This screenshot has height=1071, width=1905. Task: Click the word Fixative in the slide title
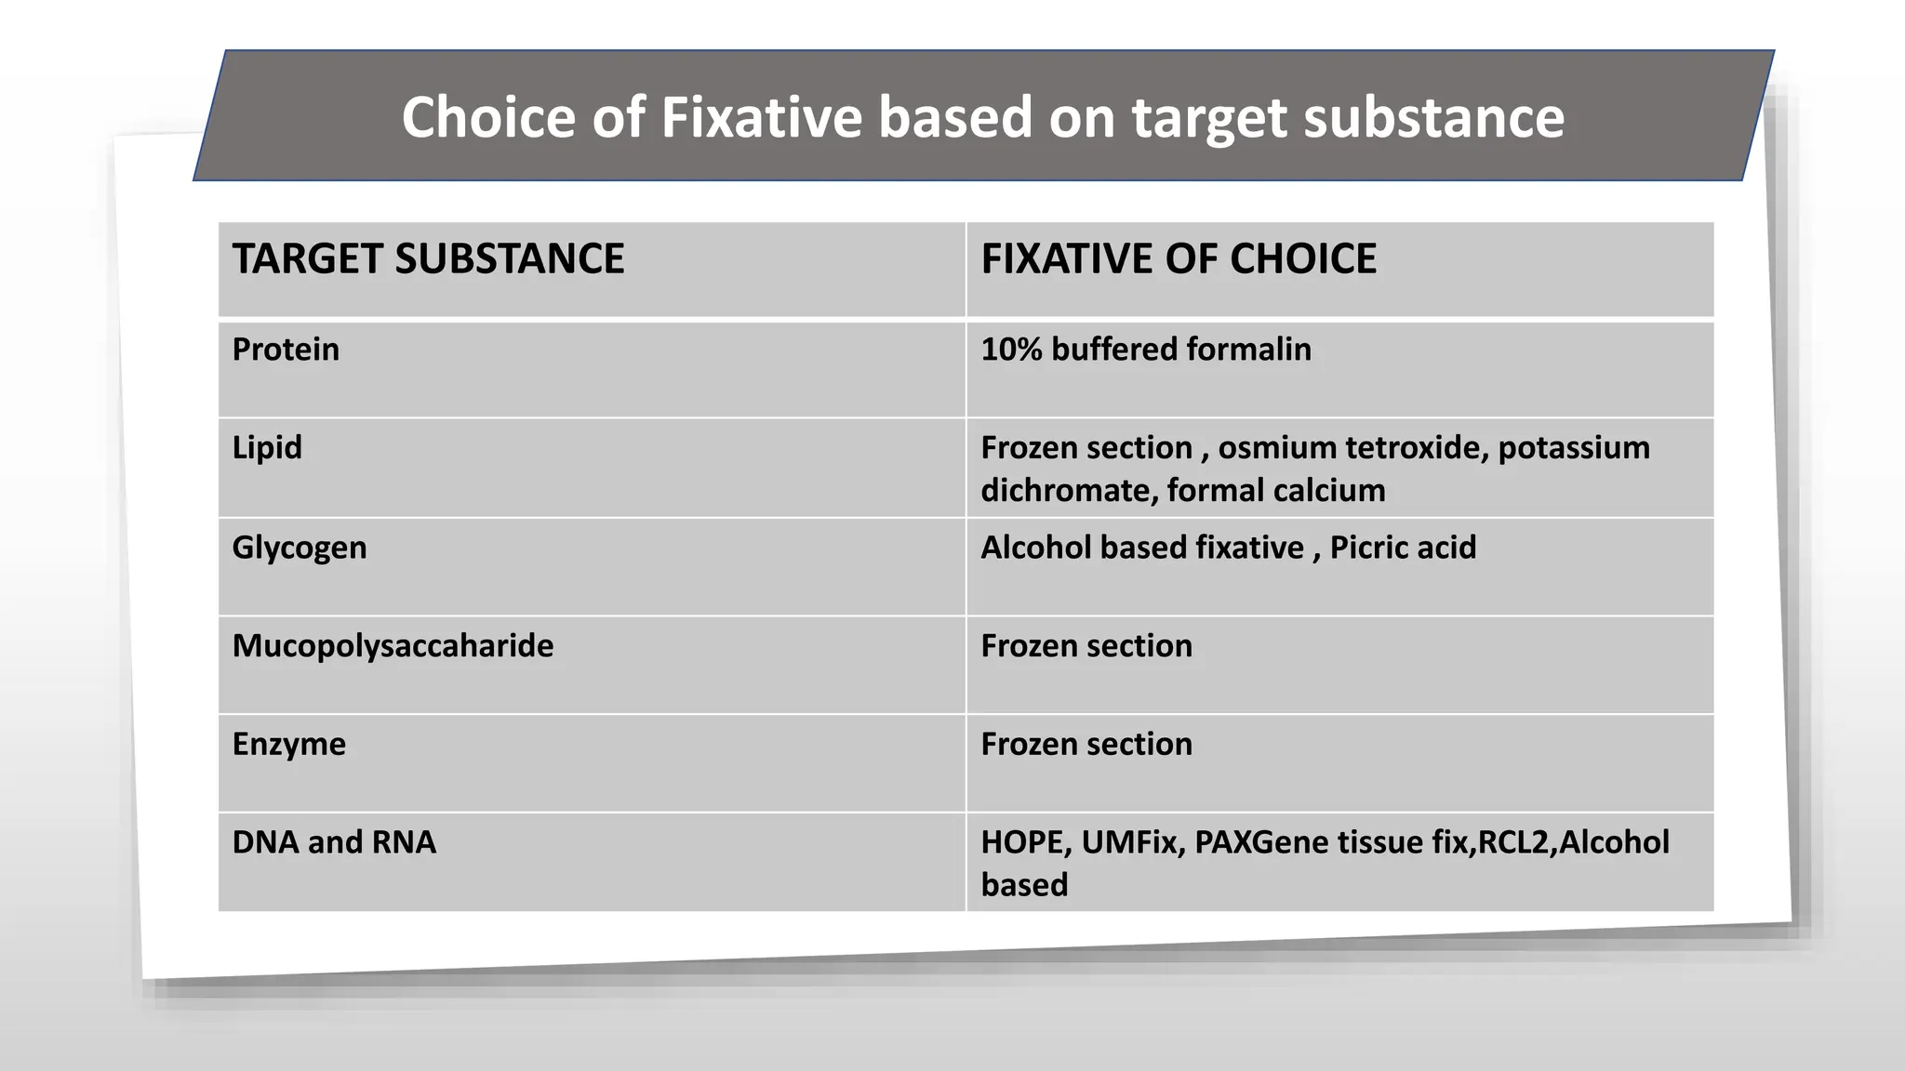762,117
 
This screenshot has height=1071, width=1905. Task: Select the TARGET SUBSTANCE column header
428,258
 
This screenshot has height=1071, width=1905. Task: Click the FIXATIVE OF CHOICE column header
1179,258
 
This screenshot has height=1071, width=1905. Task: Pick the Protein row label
286,350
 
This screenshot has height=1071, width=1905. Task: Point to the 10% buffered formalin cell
1146,350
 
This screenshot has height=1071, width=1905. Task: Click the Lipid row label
267,447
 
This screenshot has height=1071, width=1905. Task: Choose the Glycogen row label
300,548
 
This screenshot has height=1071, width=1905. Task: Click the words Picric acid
1403,548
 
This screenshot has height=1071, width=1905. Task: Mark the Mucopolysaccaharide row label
393,645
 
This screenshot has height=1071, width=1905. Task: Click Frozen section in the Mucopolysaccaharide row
1086,645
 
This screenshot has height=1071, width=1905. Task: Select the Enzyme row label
288,744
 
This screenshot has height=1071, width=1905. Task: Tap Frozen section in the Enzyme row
1086,744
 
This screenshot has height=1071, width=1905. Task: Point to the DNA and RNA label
334,842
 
